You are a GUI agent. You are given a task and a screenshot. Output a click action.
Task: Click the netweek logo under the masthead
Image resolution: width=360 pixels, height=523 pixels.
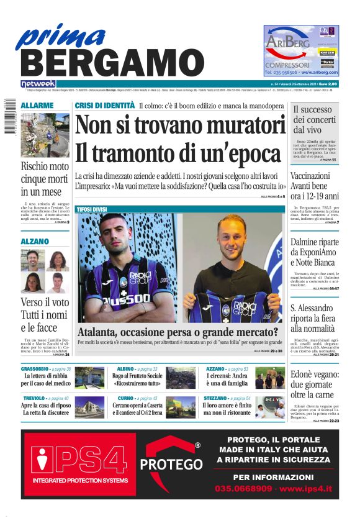click(38, 84)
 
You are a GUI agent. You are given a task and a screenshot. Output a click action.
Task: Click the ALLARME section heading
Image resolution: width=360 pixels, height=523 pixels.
click(37, 106)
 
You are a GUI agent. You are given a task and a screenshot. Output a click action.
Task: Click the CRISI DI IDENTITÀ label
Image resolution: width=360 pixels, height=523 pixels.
click(104, 106)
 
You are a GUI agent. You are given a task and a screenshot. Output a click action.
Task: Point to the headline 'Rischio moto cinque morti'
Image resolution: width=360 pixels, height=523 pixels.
click(45, 178)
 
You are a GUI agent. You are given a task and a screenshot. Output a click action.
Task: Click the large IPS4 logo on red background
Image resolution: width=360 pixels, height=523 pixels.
click(79, 462)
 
